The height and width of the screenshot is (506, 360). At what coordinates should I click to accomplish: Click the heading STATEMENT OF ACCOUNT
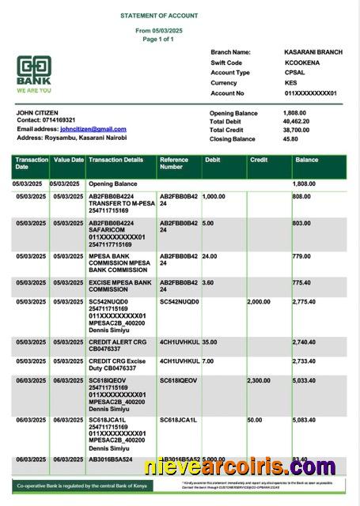pos(159,16)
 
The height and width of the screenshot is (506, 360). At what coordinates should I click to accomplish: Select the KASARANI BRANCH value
pos(313,52)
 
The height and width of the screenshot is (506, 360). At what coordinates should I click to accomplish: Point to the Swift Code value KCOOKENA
pos(302,62)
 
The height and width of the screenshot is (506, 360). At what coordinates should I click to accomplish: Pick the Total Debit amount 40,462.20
pos(296,122)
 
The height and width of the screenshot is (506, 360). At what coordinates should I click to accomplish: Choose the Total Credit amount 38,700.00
pos(296,130)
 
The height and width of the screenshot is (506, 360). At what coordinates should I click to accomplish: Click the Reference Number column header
pos(174,164)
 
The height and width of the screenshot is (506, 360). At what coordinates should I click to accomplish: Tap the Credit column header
pos(259,160)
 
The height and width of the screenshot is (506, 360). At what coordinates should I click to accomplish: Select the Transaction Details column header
pos(116,160)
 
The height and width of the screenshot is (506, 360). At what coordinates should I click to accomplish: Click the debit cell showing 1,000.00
pos(214,196)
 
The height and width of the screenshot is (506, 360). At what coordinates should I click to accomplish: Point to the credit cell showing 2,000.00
pos(259,302)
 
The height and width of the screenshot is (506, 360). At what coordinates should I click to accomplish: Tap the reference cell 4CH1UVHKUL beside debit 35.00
pos(180,342)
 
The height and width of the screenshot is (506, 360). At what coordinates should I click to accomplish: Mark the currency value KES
pos(291,83)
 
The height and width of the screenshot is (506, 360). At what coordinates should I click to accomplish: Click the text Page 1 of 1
pos(158,39)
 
